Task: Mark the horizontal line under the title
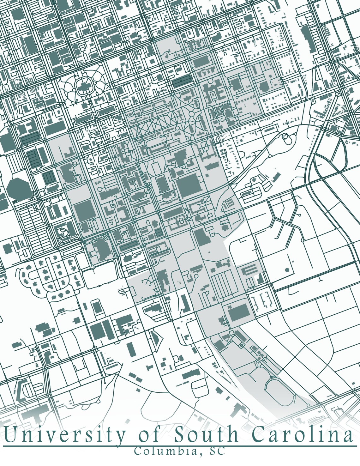coord(180,446)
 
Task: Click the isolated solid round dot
coord(287,270)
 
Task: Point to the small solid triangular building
coord(156,339)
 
